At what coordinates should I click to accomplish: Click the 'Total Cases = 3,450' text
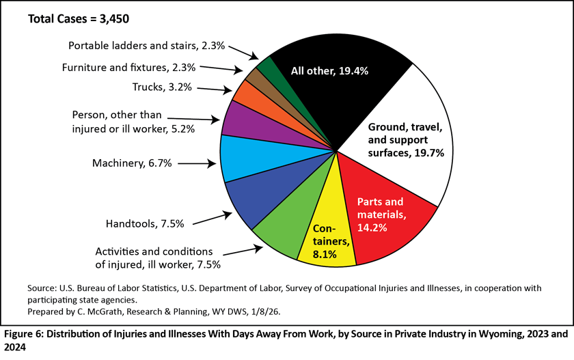[x=79, y=18]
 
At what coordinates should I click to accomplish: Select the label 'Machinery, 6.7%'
[x=132, y=163]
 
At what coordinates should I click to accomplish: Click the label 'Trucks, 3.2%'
[x=162, y=87]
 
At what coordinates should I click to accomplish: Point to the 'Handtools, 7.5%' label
[x=145, y=223]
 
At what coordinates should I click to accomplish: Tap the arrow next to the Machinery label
[x=197, y=163]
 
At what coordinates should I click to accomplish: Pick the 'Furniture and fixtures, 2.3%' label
[x=128, y=68]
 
